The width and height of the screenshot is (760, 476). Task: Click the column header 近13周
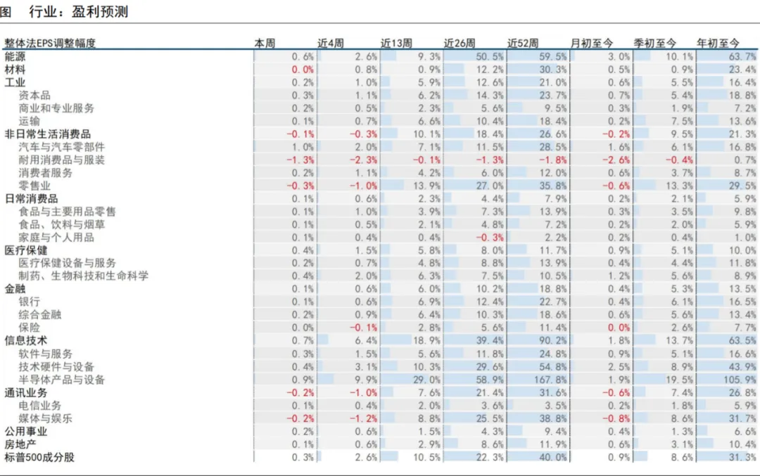point(396,43)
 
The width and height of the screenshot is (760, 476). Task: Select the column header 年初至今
point(718,43)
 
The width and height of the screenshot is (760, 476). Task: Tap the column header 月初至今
point(591,43)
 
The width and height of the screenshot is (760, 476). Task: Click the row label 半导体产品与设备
point(61,380)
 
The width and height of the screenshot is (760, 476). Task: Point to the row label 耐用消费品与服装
point(61,160)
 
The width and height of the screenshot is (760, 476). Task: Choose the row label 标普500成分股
point(39,457)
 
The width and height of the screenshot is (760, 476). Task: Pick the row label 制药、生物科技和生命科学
point(83,276)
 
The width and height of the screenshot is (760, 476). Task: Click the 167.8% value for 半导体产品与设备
point(550,380)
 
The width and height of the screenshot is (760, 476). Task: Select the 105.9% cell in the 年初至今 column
point(740,380)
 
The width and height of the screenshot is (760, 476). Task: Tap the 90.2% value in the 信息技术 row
point(552,341)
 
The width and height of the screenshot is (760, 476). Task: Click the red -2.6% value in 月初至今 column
point(616,160)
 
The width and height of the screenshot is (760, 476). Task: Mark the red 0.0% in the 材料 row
point(303,70)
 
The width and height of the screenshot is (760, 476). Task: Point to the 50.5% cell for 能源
point(490,57)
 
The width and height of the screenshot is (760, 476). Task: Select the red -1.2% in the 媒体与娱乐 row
point(364,418)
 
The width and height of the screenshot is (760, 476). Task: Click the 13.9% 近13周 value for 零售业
point(426,186)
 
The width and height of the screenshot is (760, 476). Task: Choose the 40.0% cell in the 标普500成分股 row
point(552,457)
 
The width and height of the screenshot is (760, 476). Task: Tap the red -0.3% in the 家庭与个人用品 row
point(490,237)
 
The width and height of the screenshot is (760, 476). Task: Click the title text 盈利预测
point(100,12)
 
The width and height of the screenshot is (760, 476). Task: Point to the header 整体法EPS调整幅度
point(50,43)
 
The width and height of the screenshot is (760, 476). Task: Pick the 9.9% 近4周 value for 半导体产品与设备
point(366,380)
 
